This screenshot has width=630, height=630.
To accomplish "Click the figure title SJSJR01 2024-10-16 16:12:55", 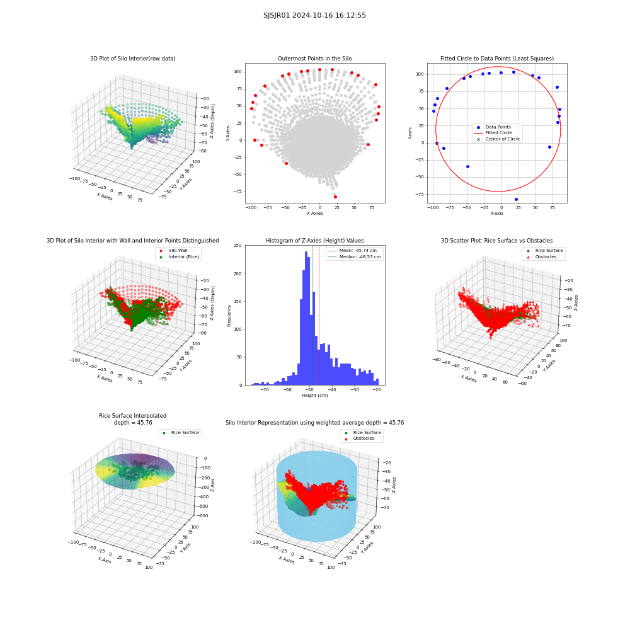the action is coord(314,15).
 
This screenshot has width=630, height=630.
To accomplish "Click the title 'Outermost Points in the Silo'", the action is coord(314,58).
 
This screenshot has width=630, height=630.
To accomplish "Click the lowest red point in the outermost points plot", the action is coord(336,197).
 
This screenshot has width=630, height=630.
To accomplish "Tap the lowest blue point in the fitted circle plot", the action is coord(517,199).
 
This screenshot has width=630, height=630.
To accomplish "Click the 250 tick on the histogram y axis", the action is coord(238,246).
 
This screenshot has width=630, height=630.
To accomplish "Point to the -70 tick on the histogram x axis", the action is coord(265,390).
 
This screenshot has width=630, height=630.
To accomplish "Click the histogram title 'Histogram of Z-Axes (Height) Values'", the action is coord(314,240).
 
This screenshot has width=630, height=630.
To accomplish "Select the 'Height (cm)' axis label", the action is coord(314,396).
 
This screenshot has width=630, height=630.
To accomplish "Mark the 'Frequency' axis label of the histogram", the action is coord(229,316).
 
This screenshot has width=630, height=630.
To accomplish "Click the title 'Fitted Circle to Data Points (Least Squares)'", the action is coord(497,58).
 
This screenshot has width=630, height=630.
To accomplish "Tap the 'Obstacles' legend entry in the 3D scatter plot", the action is coord(546,257).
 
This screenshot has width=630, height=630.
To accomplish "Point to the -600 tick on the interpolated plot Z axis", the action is coord(202,516).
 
